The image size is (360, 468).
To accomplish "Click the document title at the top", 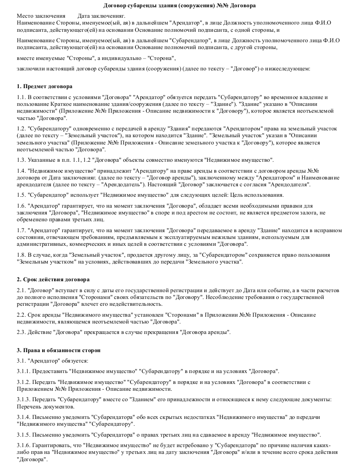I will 180,6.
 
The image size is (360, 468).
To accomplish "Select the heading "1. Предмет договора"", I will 44,86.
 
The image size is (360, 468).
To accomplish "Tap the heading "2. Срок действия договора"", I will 53,279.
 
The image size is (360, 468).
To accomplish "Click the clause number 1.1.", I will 21,97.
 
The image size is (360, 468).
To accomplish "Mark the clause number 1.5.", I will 21,195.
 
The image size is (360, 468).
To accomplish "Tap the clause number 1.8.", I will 21,255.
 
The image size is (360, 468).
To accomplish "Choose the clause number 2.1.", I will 21,290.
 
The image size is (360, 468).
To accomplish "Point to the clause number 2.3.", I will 21,332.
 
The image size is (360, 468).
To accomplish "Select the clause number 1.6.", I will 21,206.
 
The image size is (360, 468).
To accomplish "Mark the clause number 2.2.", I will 21,314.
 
